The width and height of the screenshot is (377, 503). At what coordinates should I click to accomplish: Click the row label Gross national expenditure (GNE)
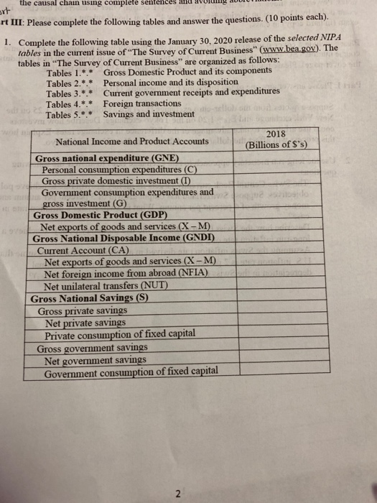click(107, 158)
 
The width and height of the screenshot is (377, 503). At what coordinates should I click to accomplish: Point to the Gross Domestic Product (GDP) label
click(100, 215)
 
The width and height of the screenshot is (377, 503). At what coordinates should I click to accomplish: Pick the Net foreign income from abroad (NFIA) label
click(126, 273)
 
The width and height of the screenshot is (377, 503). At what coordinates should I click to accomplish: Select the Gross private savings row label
click(83, 310)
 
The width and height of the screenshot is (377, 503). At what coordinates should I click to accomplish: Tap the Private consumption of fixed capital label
click(119, 335)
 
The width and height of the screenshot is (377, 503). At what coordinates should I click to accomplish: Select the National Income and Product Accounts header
click(128, 142)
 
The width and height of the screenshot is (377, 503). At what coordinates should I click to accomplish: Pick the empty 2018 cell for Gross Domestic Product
click(276, 215)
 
